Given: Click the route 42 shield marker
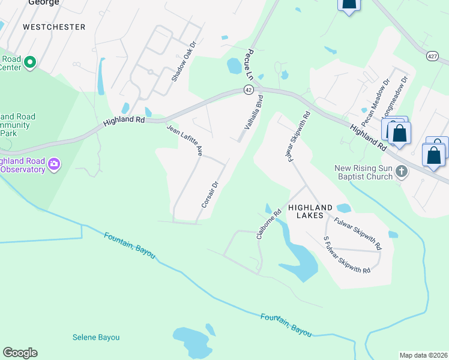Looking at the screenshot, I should tap(248, 89).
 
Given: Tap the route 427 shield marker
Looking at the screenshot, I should tap(432, 56).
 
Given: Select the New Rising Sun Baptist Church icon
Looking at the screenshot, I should tap(402, 172).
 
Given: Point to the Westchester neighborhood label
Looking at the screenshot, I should tap(54, 27).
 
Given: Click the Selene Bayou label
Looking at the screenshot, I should tap(96, 337).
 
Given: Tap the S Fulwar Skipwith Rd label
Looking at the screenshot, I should tap(346, 255).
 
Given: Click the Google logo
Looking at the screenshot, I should tap(20, 353).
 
